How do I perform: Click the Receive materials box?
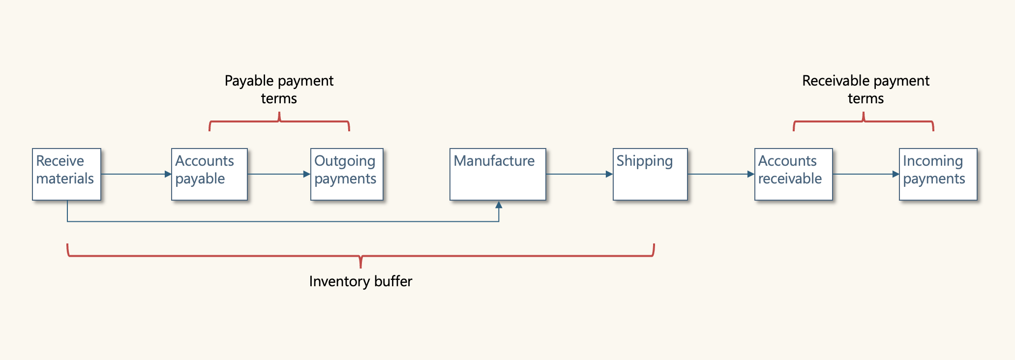tap(66, 174)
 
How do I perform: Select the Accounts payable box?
tap(209, 174)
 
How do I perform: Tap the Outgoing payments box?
tap(347, 174)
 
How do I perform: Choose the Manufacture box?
tap(498, 174)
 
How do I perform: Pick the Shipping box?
tap(650, 174)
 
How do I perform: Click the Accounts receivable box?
tap(793, 174)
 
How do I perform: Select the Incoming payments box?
tap(938, 174)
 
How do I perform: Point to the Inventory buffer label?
tap(360, 281)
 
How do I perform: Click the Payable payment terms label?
tap(279, 89)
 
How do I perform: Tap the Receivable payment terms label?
tap(866, 89)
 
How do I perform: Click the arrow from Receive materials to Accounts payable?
tap(136, 174)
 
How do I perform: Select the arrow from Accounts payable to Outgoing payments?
tap(278, 174)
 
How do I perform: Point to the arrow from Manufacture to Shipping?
tap(579, 174)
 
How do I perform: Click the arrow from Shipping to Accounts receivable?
tap(720, 174)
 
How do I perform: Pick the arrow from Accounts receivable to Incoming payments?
tap(866, 174)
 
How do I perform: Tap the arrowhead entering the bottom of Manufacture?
tap(499, 205)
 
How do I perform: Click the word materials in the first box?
tap(65, 179)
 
